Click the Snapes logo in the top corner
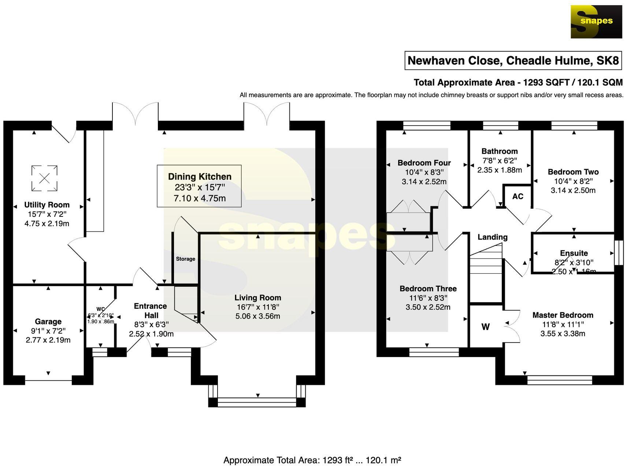(x=596, y=22)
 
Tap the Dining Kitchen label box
(x=199, y=186)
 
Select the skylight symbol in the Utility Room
(x=44, y=178)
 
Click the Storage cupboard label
(x=185, y=259)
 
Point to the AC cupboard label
(x=517, y=196)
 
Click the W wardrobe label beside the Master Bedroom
(x=485, y=327)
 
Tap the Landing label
(x=492, y=237)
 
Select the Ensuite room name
(x=574, y=253)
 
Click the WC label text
(x=100, y=309)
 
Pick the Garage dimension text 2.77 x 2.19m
(x=48, y=340)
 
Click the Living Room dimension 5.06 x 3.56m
(x=257, y=316)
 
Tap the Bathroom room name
(x=499, y=151)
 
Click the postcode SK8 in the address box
(x=607, y=60)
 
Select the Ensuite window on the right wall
(x=619, y=252)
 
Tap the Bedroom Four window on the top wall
(x=427, y=126)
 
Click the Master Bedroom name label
(x=563, y=315)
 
